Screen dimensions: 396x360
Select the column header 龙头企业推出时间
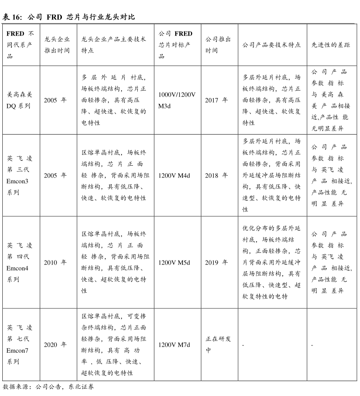[57, 45]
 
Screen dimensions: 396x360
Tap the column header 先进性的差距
[331, 45]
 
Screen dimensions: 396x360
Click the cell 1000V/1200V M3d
[177, 100]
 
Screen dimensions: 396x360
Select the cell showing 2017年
[216, 100]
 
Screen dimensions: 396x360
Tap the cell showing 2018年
[216, 175]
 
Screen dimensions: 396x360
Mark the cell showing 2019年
[216, 262]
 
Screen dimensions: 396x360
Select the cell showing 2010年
[55, 262]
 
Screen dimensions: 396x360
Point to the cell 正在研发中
[218, 345]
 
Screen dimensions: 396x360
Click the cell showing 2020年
[55, 345]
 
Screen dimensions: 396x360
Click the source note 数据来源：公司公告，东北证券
[48, 387]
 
